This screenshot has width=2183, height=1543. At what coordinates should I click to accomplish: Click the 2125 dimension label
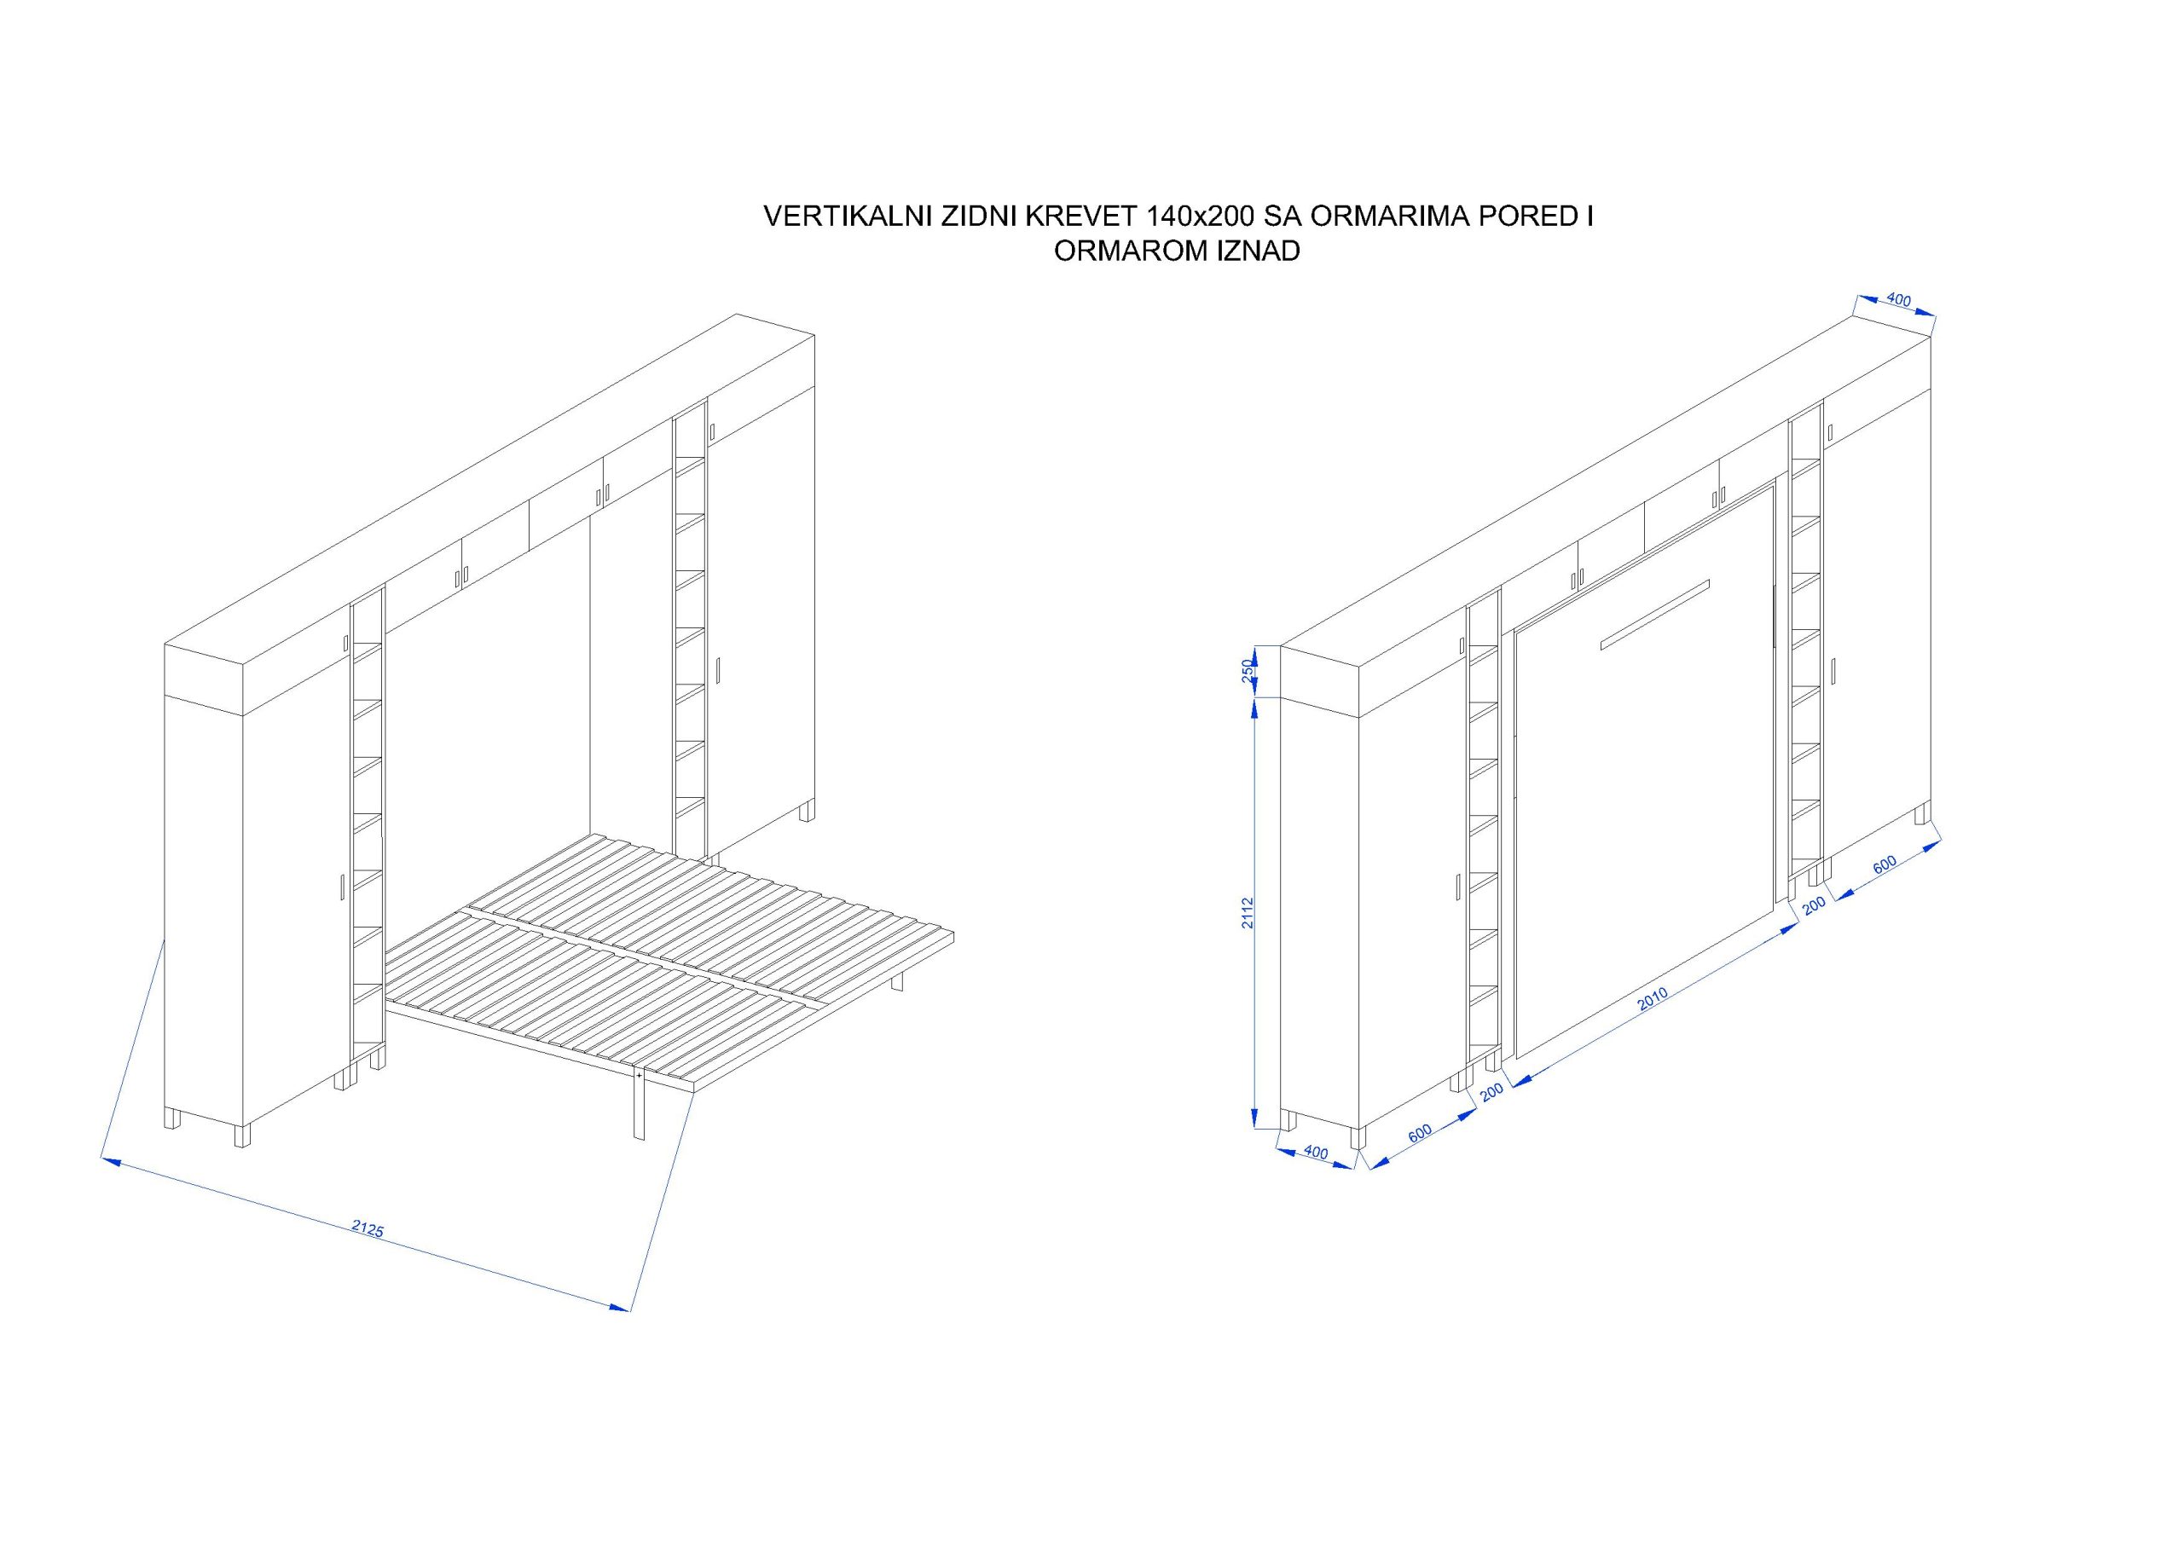point(367,1228)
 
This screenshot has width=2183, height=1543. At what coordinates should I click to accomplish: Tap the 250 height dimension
point(1248,669)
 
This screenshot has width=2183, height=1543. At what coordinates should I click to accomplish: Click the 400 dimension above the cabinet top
point(1898,300)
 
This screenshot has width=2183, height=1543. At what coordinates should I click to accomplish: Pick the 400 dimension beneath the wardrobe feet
point(1316,1153)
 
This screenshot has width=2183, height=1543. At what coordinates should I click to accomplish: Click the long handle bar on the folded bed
point(1655,614)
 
